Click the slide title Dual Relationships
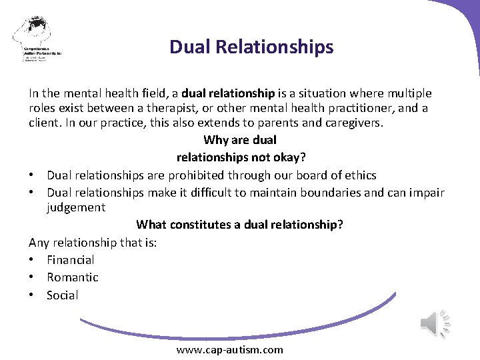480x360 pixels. [x=251, y=47]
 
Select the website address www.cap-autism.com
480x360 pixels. [x=229, y=349]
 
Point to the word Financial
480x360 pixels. [x=70, y=259]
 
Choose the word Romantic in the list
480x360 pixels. [x=72, y=277]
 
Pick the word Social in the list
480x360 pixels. [x=62, y=295]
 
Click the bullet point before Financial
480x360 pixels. [x=32, y=259]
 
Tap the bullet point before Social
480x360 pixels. [x=32, y=295]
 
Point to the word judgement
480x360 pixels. [x=75, y=207]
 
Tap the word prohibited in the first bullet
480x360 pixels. [x=199, y=175]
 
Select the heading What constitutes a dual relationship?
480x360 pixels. [x=239, y=225]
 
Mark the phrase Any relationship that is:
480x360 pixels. [x=93, y=243]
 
